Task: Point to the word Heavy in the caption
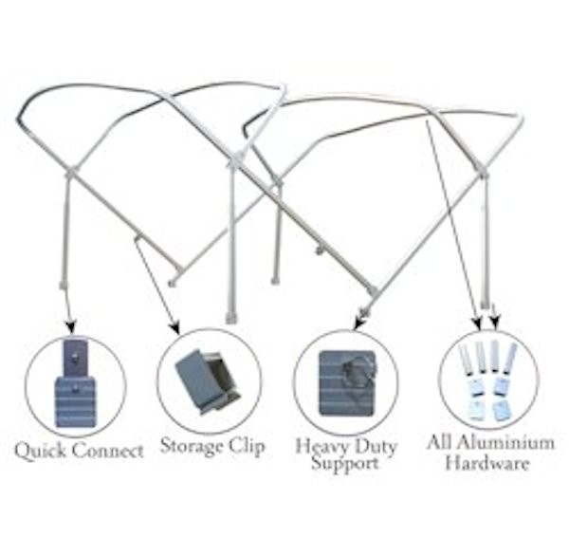321,446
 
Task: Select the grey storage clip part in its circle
208,378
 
